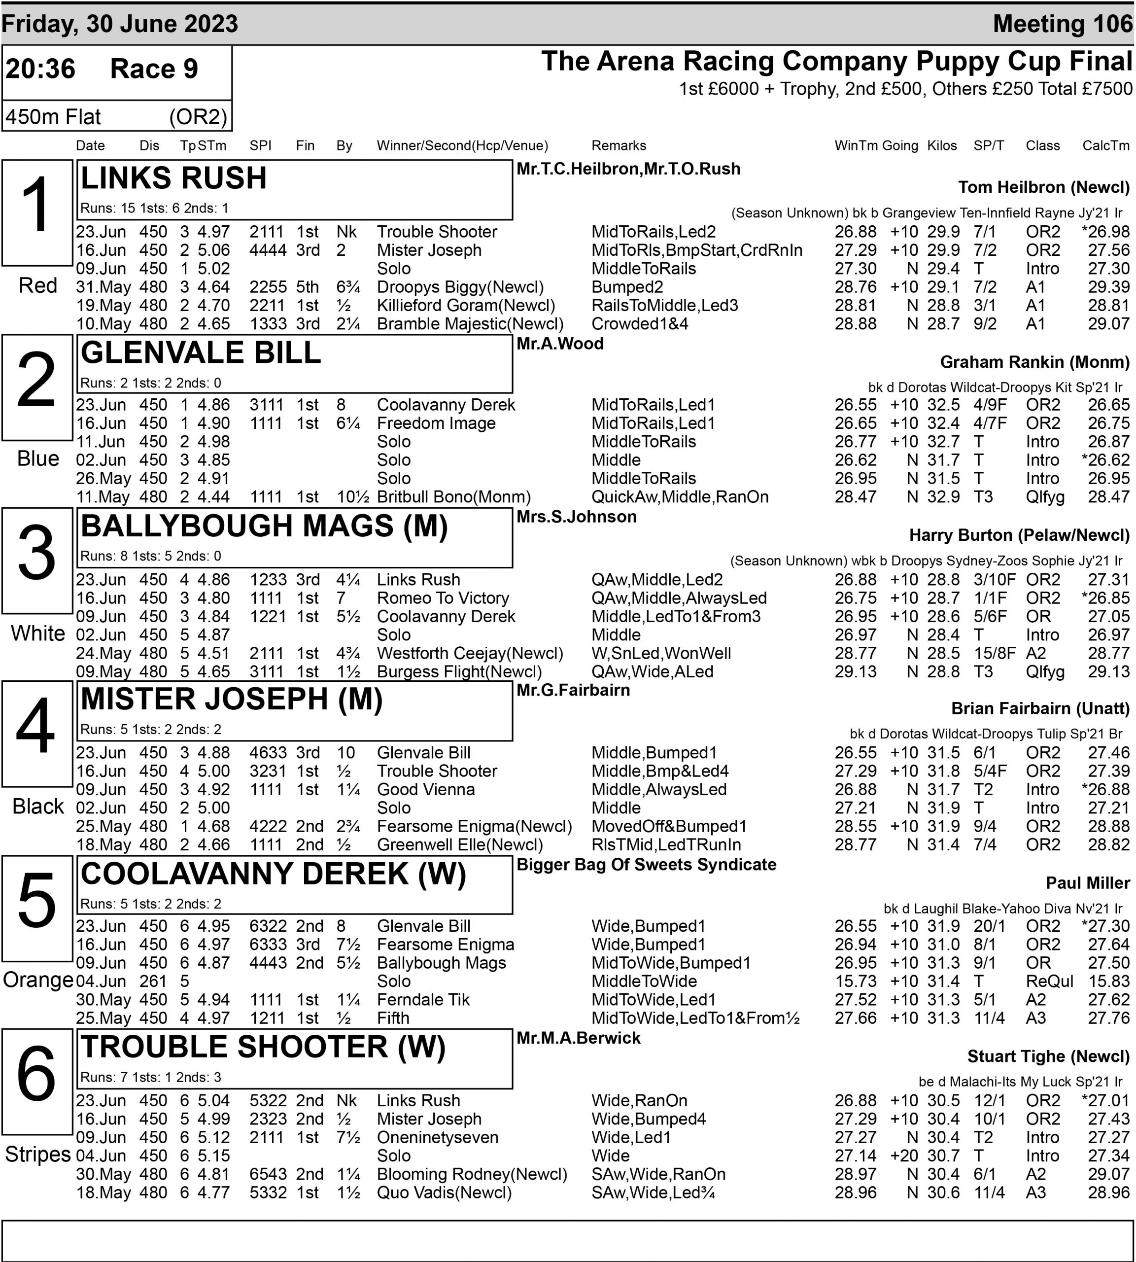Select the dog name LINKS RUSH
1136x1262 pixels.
pyautogui.click(x=173, y=178)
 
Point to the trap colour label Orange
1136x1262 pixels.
pyautogui.click(x=37, y=980)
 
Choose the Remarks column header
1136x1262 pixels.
pyautogui.click(x=619, y=145)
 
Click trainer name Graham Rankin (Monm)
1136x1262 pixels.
pyautogui.click(x=1034, y=362)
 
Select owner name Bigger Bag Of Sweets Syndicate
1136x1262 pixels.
pyautogui.click(x=646, y=864)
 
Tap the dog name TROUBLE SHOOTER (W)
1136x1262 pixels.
pyautogui.click(x=263, y=1047)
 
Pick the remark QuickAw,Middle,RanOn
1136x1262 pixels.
pyautogui.click(x=680, y=497)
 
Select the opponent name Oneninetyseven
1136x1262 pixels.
pyautogui.click(x=438, y=1137)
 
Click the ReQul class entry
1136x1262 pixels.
pyautogui.click(x=1049, y=981)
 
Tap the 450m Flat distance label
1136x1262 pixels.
pyautogui.click(x=53, y=117)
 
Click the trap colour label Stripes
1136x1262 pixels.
pyautogui.click(x=37, y=1154)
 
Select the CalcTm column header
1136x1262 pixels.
pyautogui.click(x=1105, y=145)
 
